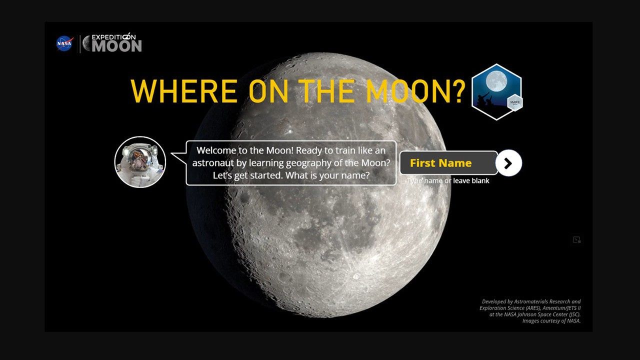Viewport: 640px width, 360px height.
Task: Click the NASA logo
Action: (64, 43)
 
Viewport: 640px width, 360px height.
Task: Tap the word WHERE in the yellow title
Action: (183, 90)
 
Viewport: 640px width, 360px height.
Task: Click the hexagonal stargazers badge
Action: (496, 91)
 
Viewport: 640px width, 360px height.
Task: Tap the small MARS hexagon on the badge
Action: (515, 102)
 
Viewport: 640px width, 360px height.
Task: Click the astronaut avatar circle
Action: (140, 162)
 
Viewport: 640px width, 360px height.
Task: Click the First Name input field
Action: (448, 163)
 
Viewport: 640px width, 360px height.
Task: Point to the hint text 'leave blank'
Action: (471, 181)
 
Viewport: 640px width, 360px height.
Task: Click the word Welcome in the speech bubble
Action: (217, 150)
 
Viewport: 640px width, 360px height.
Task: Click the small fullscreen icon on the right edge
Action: (576, 240)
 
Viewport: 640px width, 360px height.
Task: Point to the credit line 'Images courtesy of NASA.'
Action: (551, 321)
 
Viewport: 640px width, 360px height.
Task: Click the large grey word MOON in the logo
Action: (117, 46)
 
